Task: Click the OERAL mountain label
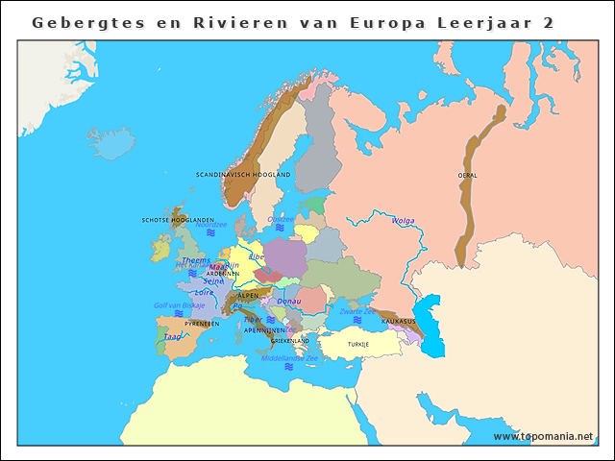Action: pos(468,176)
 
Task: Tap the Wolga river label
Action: pos(403,221)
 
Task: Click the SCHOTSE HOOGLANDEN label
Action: pos(178,219)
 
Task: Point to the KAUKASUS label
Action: pos(398,321)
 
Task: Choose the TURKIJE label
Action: pos(358,344)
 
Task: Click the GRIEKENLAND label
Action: pos(290,340)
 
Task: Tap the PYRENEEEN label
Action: pos(202,324)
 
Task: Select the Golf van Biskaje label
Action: pos(180,304)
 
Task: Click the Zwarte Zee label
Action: pos(357,311)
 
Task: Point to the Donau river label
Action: pos(289,301)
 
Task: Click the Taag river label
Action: pos(171,337)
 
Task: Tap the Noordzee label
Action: pos(211,225)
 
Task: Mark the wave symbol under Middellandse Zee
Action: pos(289,367)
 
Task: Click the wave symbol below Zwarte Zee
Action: pos(357,320)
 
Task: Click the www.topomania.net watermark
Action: pos(543,436)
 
